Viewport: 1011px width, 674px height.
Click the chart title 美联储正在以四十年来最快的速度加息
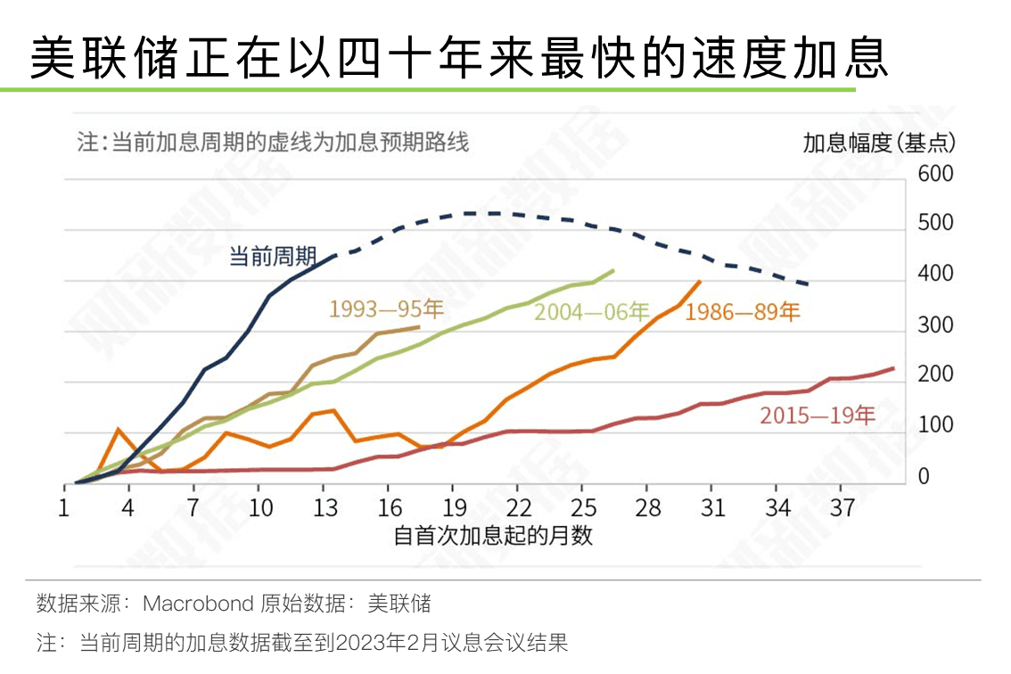point(459,60)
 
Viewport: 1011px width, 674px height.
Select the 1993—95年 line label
point(386,309)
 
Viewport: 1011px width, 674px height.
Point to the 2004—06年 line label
point(591,312)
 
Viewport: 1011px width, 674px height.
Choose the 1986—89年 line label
point(743,312)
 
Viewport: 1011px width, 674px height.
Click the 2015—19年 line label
point(818,416)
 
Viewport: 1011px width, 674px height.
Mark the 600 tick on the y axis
point(935,174)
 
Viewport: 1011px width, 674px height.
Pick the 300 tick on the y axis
point(935,325)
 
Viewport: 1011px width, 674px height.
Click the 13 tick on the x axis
point(326,508)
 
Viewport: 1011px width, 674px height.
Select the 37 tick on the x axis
point(842,508)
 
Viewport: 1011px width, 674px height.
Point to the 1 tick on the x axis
point(64,508)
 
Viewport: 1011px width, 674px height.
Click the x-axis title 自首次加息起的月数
point(493,536)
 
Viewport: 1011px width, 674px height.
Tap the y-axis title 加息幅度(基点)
point(878,143)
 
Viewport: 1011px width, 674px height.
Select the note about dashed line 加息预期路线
point(272,143)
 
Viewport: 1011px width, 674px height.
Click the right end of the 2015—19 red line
point(892,368)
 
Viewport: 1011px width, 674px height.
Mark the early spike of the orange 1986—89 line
point(118,430)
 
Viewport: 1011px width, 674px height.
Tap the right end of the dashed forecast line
point(808,284)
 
